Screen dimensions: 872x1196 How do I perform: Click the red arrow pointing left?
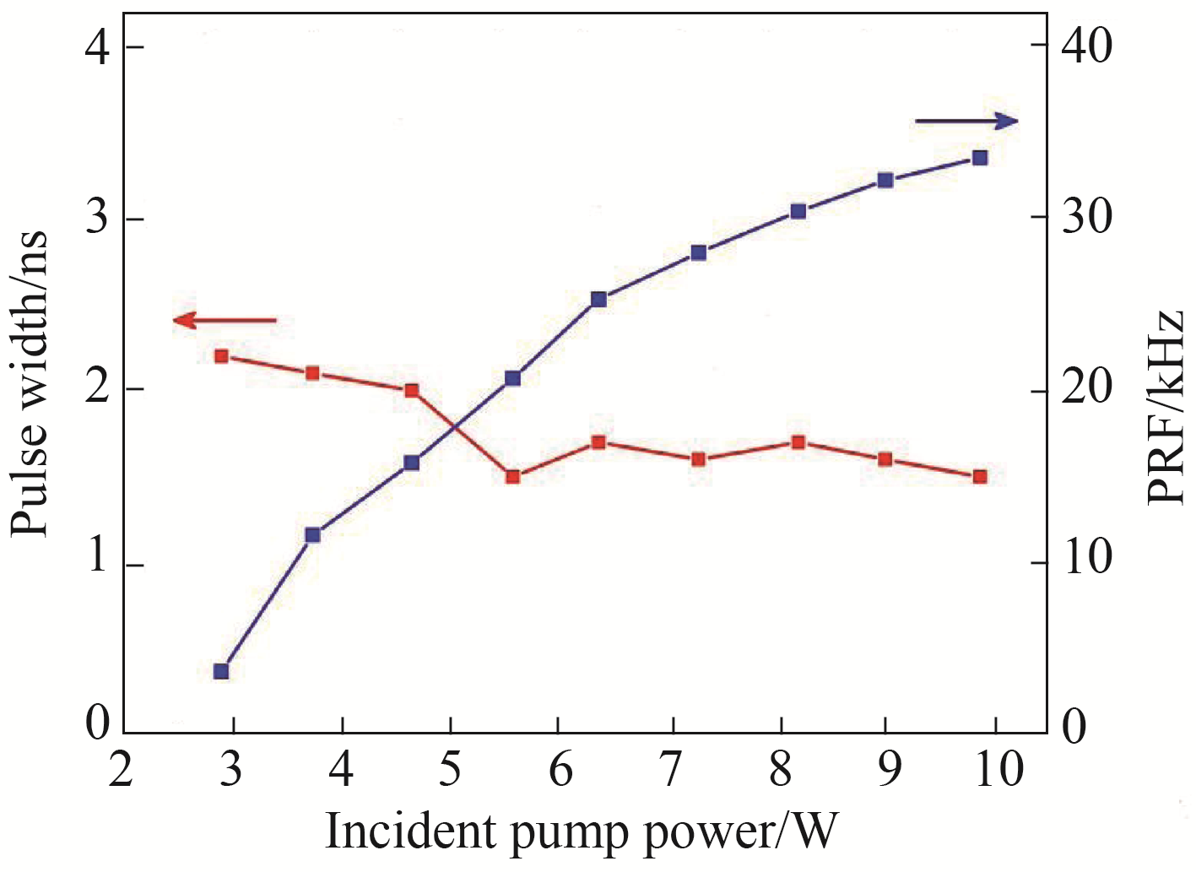click(x=224, y=321)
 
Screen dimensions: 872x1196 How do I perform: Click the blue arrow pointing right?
click(x=966, y=122)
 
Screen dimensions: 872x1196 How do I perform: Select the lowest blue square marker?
click(x=221, y=671)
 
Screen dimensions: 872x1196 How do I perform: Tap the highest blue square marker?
click(x=980, y=158)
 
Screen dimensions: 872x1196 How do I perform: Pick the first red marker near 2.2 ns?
click(x=221, y=356)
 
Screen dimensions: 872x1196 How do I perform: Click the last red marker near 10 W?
click(x=980, y=476)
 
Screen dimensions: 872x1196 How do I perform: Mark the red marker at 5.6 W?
click(x=512, y=476)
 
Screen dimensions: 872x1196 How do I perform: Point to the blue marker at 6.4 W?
click(x=599, y=299)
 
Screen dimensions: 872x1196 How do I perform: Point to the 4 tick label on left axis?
click(x=99, y=48)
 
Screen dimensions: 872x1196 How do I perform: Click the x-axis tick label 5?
click(x=451, y=769)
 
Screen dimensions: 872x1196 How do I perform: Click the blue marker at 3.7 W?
click(x=313, y=534)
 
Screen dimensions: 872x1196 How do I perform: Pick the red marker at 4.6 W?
click(x=412, y=391)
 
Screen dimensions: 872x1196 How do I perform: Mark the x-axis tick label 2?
click(x=122, y=769)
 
